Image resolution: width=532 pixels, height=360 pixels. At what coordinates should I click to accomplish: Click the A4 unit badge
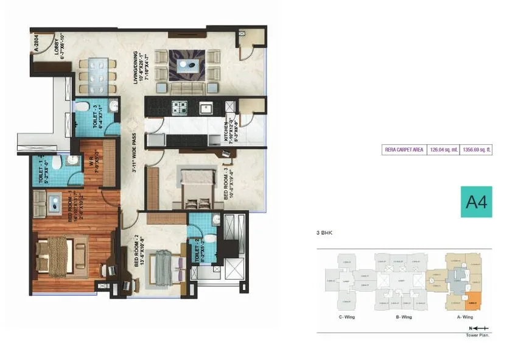476,202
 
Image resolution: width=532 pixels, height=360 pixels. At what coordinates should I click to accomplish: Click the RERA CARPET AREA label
404,149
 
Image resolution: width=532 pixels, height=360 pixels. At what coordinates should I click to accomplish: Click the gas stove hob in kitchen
179,108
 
